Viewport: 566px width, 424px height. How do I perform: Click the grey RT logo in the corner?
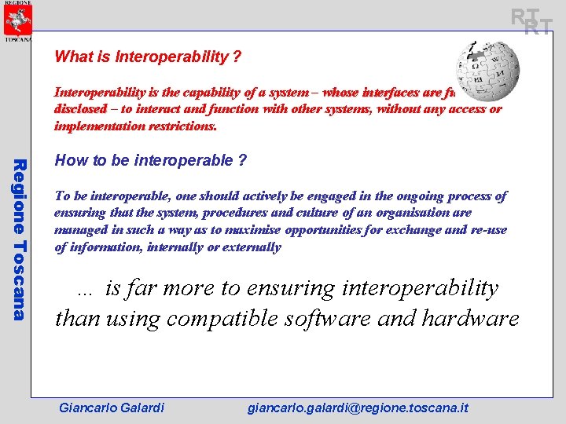[x=531, y=20]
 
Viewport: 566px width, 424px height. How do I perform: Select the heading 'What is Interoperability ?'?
[x=148, y=57]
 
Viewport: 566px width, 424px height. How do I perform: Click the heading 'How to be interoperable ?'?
[x=151, y=161]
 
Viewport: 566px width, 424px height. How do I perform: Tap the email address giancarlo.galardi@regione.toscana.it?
[x=358, y=408]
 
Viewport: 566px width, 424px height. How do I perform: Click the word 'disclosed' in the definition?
[x=80, y=109]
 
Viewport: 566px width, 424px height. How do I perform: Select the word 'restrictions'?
[x=183, y=126]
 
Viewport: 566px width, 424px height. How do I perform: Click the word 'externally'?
[x=252, y=247]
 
